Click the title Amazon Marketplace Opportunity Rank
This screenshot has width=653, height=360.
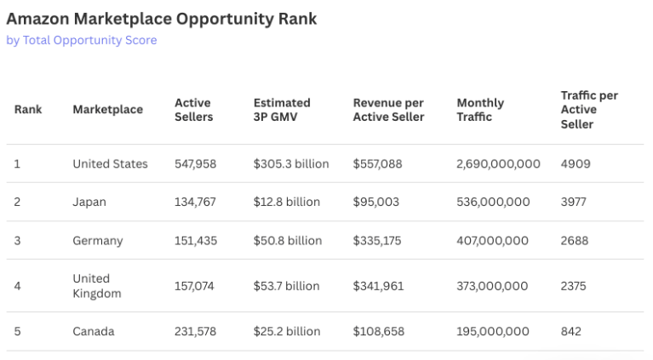[162, 19]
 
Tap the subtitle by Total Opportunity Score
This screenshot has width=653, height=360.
[82, 40]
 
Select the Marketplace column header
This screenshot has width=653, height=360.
[108, 110]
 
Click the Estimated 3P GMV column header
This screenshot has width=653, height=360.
[282, 110]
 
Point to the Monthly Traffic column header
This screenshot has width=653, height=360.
[480, 110]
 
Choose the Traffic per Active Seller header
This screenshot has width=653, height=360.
[589, 110]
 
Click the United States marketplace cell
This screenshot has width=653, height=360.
[111, 164]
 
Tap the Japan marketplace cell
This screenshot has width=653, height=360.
[89, 203]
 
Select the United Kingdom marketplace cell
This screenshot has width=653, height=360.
[97, 286]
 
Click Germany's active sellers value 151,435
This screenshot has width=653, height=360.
[196, 241]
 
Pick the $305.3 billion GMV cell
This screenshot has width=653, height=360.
[291, 164]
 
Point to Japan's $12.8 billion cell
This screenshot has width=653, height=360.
[287, 202]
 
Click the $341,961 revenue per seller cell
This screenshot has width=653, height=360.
[379, 286]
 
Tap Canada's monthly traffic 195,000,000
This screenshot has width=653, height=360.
[493, 332]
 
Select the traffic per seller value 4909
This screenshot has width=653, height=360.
[576, 164]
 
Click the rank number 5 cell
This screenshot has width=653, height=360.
[17, 332]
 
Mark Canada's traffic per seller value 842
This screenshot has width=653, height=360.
[571, 332]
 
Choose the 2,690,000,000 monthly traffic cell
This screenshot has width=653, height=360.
[499, 164]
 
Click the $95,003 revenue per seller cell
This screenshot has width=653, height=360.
[376, 203]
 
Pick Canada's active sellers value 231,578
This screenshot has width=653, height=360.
[195, 332]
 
